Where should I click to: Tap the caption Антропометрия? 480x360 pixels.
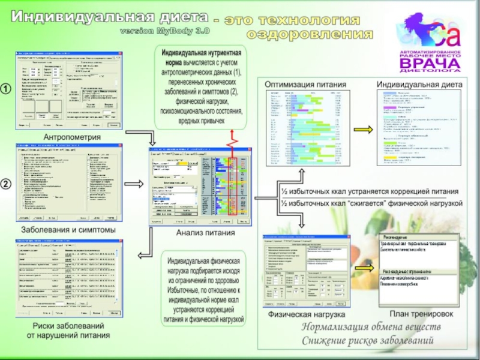pyautogui.click(x=71, y=137)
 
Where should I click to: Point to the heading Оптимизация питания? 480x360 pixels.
pyautogui.click(x=306, y=85)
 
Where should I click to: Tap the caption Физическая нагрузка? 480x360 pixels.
pyautogui.click(x=307, y=314)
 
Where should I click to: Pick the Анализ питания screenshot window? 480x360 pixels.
pyautogui.click(x=200, y=186)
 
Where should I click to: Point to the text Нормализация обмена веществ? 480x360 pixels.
pyautogui.click(x=371, y=328)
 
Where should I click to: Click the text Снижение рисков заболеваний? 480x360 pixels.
pyautogui.click(x=368, y=341)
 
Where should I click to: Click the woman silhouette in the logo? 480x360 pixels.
pyautogui.click(x=421, y=30)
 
